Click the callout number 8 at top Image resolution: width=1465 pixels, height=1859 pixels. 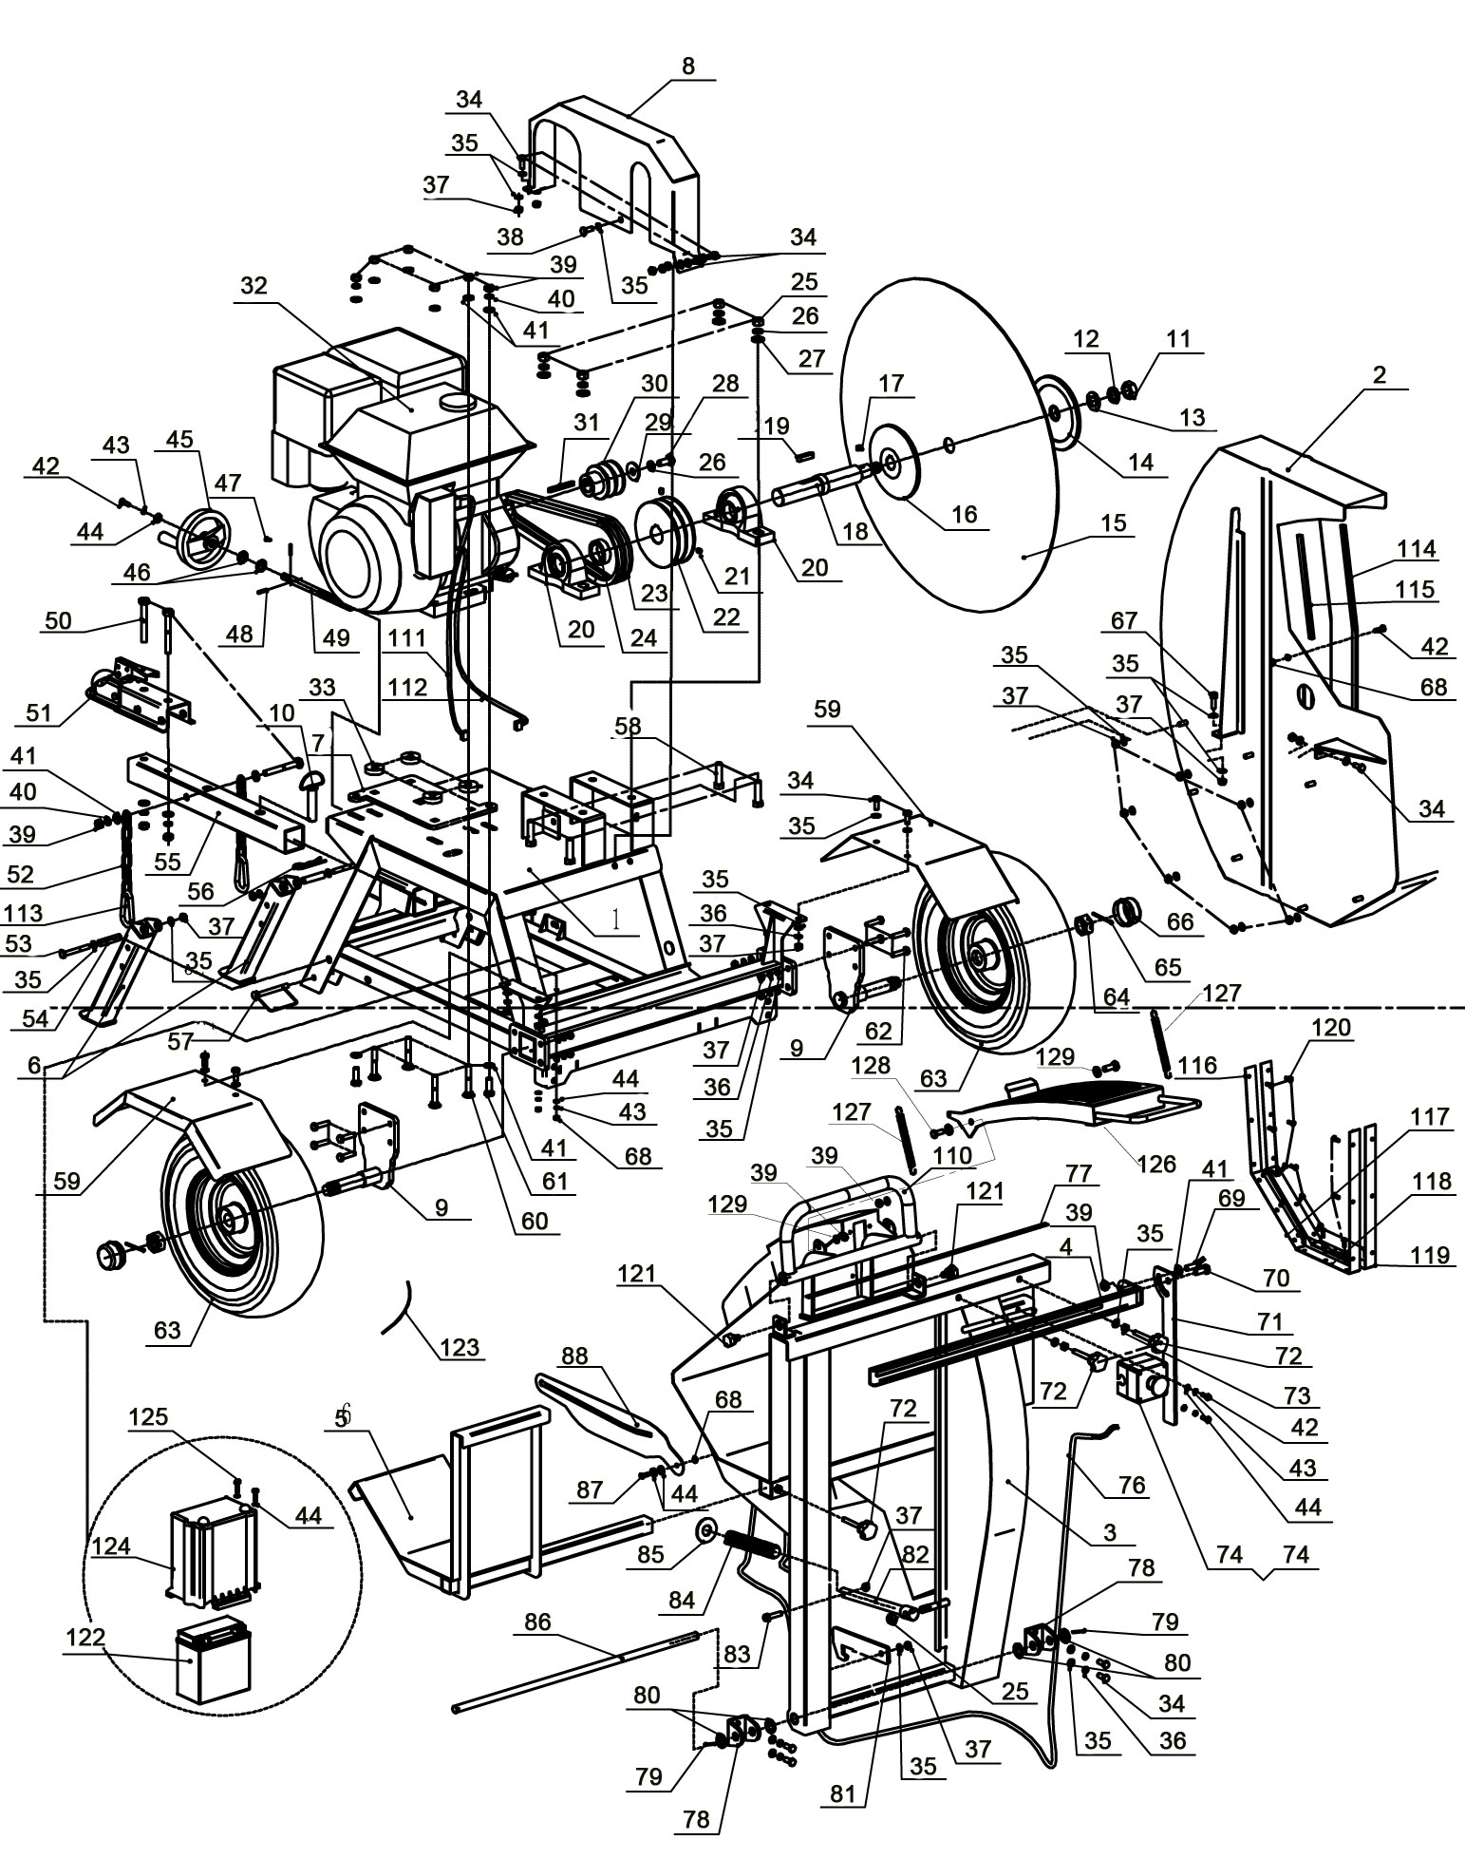coord(688,66)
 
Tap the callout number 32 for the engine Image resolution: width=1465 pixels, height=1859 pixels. coord(255,286)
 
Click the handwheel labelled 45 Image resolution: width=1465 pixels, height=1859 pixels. coord(207,533)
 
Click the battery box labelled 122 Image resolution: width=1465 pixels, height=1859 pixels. coord(214,1661)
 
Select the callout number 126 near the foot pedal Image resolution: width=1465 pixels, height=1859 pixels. coord(1156,1164)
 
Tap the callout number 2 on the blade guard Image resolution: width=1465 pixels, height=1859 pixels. coord(1379,374)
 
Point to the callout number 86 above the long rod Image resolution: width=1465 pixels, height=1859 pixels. coord(537,1621)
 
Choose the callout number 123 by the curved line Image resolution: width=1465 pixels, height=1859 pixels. coord(460,1346)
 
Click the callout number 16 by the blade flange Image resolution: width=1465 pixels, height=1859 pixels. coord(964,514)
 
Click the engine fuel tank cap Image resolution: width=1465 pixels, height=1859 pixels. coord(460,404)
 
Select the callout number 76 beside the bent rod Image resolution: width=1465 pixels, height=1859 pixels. coord(1133,1485)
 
